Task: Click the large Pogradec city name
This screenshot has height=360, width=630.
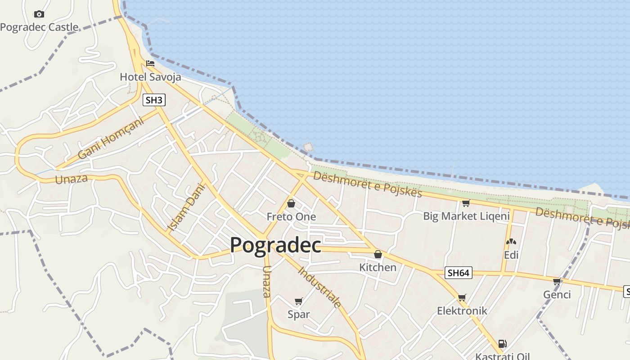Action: [x=275, y=245]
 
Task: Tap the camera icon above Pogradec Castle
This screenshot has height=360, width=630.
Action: [x=39, y=14]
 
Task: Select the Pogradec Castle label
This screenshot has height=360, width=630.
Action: [x=39, y=27]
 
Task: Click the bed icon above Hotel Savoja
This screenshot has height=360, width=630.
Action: [x=150, y=63]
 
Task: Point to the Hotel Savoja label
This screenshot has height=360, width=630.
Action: [x=150, y=77]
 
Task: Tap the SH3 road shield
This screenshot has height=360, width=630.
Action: [x=154, y=100]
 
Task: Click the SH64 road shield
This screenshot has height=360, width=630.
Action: [x=459, y=273]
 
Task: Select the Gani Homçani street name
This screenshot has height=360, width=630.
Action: [x=110, y=138]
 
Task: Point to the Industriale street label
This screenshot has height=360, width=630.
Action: [x=320, y=287]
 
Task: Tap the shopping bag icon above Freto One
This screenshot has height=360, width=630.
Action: [x=291, y=203]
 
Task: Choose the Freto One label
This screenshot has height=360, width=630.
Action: [x=291, y=217]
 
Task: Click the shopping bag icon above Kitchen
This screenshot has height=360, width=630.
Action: [x=378, y=254]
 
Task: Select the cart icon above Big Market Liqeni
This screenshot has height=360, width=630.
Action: [x=466, y=203]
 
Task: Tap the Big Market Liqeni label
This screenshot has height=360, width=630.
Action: [x=466, y=216]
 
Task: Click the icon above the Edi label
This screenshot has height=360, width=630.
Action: [x=511, y=242]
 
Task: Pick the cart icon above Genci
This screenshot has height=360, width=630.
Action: [x=557, y=281]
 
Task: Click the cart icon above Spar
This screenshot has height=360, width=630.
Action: [x=299, y=301]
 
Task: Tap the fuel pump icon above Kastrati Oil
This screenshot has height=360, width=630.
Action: [x=503, y=344]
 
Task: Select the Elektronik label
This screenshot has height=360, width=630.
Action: [x=462, y=311]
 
